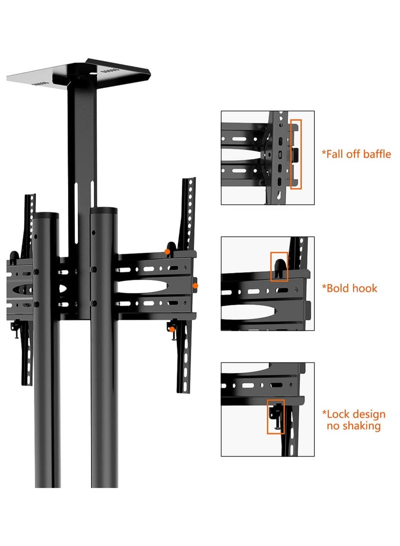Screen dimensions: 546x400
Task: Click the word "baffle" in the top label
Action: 374,154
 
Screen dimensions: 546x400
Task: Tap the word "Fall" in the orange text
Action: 336,154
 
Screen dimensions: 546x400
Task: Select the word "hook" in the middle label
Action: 363,288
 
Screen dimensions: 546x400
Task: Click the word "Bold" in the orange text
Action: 338,288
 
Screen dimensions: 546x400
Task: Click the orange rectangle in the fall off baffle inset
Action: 296,154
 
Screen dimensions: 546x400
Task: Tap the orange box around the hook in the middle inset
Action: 279,266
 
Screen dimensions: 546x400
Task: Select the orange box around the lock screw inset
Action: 275,416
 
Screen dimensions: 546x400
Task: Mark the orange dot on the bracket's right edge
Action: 195,285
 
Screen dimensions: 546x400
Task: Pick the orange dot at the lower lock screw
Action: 172,329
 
